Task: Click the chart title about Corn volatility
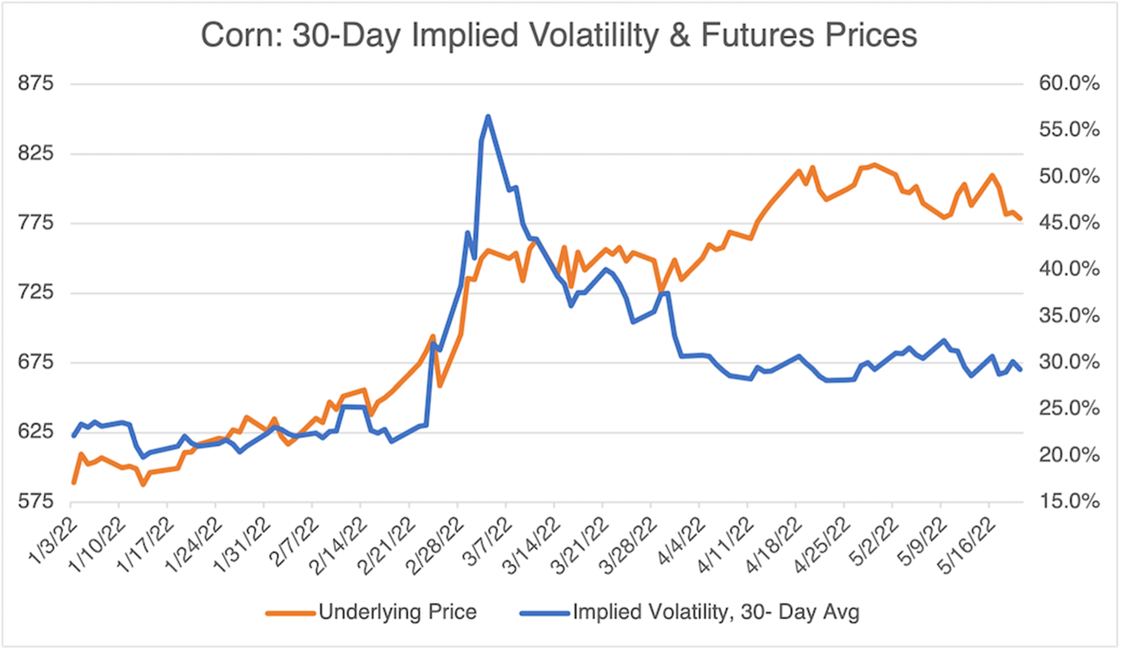coord(559,36)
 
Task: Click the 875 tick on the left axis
coord(36,84)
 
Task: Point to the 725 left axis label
coord(36,293)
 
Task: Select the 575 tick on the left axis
coord(36,502)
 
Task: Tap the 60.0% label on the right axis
coord(1069,84)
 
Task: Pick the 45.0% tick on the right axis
coord(1069,223)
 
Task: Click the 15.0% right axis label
coord(1069,502)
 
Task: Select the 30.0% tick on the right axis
coord(1069,362)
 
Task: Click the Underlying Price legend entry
coord(397,612)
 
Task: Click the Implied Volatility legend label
coord(716,612)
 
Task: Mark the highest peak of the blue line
coord(488,117)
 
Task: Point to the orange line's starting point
coord(74,482)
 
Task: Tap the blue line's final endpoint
coord(1020,370)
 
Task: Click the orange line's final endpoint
coord(1020,219)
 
